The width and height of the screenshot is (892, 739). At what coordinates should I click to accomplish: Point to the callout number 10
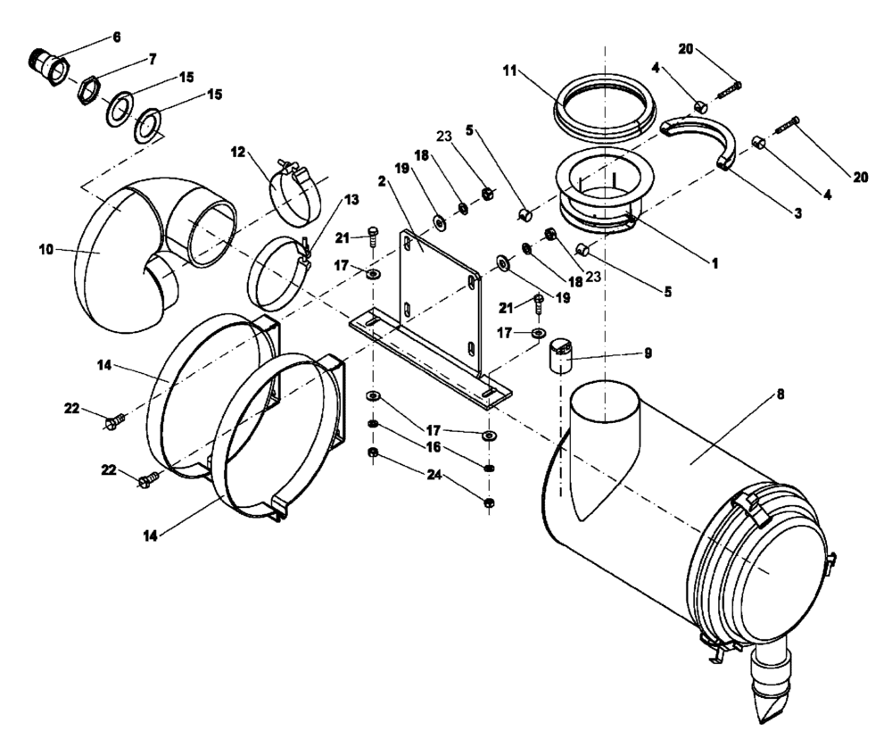(x=45, y=251)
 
